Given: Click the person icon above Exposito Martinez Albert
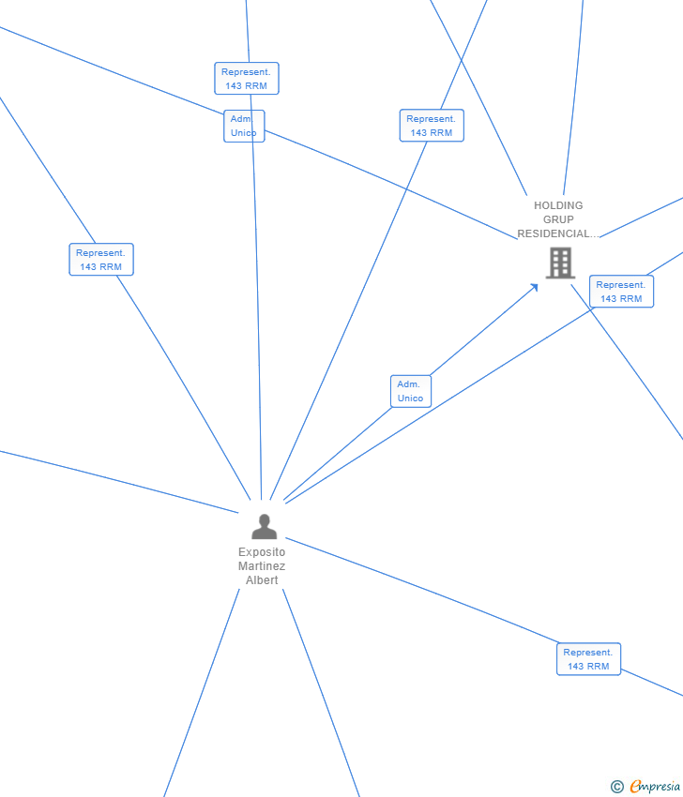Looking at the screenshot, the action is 264,527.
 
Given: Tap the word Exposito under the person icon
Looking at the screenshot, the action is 262,552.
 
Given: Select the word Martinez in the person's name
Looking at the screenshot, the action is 262,566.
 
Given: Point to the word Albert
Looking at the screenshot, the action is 262,580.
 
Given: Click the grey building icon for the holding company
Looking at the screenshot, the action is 560,263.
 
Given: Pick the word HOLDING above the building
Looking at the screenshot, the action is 558,205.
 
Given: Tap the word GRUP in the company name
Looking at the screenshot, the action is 558,219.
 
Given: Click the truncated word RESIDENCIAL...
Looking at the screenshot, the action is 555,233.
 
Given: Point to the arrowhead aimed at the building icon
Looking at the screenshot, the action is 535,287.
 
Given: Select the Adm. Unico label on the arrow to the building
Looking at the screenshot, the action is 411,391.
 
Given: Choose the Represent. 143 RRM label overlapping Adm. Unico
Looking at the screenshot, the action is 246,79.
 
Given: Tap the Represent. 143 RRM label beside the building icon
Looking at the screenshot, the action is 621,292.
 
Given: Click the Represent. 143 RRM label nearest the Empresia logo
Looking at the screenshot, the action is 588,659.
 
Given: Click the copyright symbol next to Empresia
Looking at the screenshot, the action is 617,787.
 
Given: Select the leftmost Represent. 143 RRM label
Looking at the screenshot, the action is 101,260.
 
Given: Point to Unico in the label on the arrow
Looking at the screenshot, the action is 411,398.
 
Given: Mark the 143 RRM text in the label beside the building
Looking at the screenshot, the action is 621,299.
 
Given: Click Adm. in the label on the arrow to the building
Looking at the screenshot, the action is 408,384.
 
